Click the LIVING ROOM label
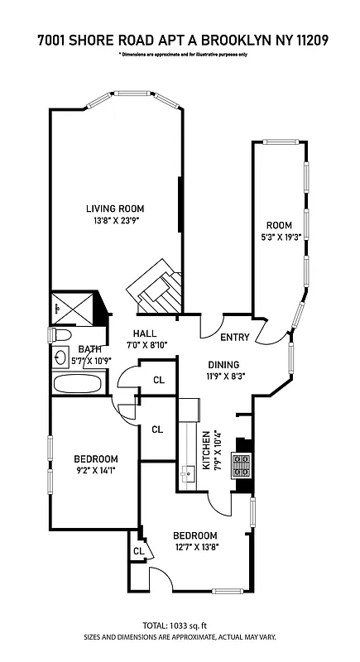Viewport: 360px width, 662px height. coord(115,209)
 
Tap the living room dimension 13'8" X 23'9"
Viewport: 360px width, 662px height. coord(115,221)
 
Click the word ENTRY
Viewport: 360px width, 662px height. coord(234,337)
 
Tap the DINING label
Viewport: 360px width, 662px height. coord(223,364)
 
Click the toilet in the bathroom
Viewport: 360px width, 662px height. coord(60,336)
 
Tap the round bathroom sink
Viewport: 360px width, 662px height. coord(60,358)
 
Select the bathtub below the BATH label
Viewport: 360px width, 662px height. coord(77,384)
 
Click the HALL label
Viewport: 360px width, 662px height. coord(145,333)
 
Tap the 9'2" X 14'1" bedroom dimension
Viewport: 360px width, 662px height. coord(95,473)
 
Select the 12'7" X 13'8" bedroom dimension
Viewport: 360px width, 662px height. coord(196,547)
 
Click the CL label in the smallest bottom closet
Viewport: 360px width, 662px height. coord(139,550)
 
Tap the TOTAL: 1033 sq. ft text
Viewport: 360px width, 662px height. coord(180,626)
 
